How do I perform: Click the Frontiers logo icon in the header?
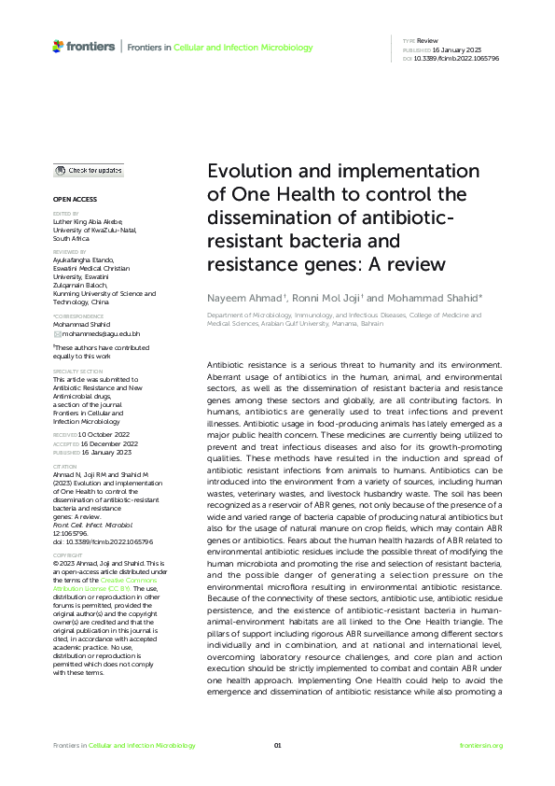coord(59,46)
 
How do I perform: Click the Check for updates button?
coord(89,171)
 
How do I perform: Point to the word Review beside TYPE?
coord(426,41)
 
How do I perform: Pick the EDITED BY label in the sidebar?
coord(64,214)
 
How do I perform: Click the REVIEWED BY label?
coord(69,252)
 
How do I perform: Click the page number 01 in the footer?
coord(277,746)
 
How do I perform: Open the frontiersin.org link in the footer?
coord(481,746)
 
